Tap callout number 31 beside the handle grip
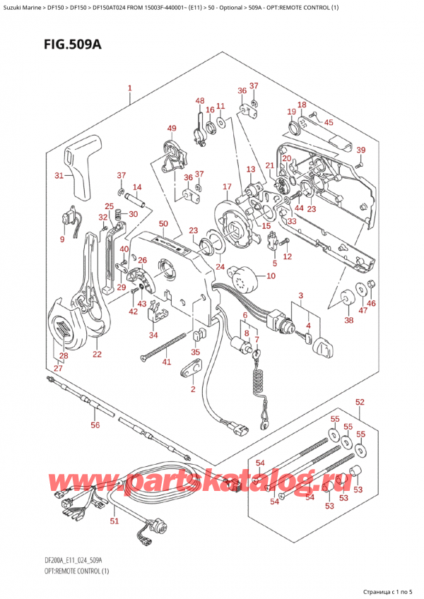click(59, 175)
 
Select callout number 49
click(172, 128)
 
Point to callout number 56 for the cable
click(95, 425)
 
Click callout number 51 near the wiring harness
click(114, 521)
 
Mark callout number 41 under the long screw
click(167, 362)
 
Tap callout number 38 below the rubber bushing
click(348, 319)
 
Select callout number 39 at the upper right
click(361, 150)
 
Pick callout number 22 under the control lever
click(97, 354)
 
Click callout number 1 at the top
click(129, 89)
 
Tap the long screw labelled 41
click(166, 347)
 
